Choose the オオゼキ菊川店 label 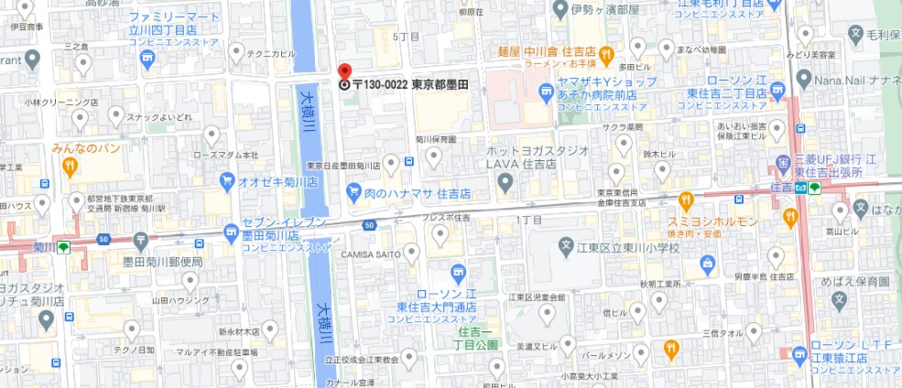click(277, 181)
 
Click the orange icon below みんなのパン click(70, 166)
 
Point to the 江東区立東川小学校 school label click(632, 247)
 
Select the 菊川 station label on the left click(42, 247)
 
